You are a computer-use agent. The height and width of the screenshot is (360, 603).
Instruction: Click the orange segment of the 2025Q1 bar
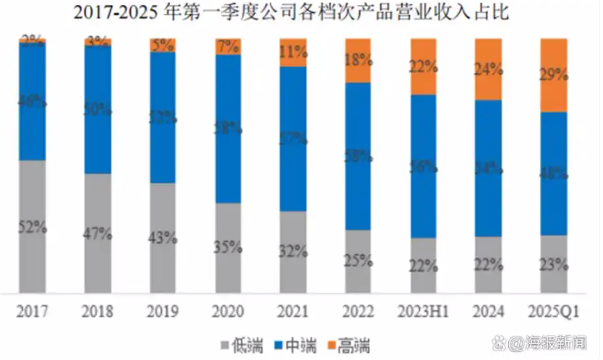tap(553, 75)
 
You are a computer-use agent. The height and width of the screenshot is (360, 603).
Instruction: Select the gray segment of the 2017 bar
tap(33, 226)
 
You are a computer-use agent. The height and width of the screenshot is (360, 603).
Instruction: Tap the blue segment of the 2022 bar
tap(358, 155)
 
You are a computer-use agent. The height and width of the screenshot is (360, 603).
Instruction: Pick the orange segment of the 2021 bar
tap(293, 53)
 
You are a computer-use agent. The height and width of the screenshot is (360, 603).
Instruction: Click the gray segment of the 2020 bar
tap(228, 248)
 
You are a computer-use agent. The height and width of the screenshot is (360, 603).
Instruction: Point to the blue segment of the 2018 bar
tap(98, 109)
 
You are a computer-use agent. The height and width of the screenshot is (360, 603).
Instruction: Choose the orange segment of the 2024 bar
tap(488, 69)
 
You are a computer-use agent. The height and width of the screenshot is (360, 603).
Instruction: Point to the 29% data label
tap(553, 75)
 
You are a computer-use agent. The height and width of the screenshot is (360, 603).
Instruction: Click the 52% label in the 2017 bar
tap(33, 227)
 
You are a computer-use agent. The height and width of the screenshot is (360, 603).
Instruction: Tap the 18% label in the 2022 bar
tap(358, 61)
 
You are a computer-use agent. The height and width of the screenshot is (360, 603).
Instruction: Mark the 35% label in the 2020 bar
tap(228, 248)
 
